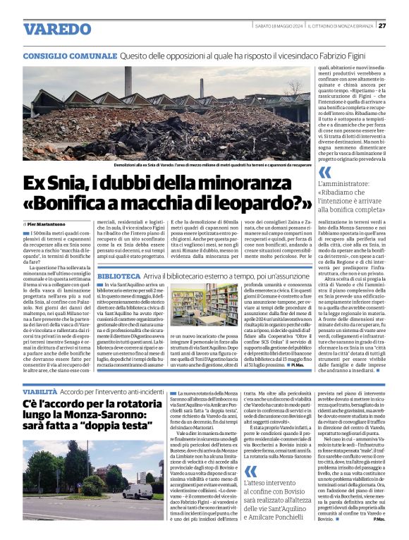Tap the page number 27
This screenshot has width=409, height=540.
(381, 25)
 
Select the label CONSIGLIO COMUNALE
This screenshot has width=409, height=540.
(69, 56)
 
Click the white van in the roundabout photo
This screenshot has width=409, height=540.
(138, 490)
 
